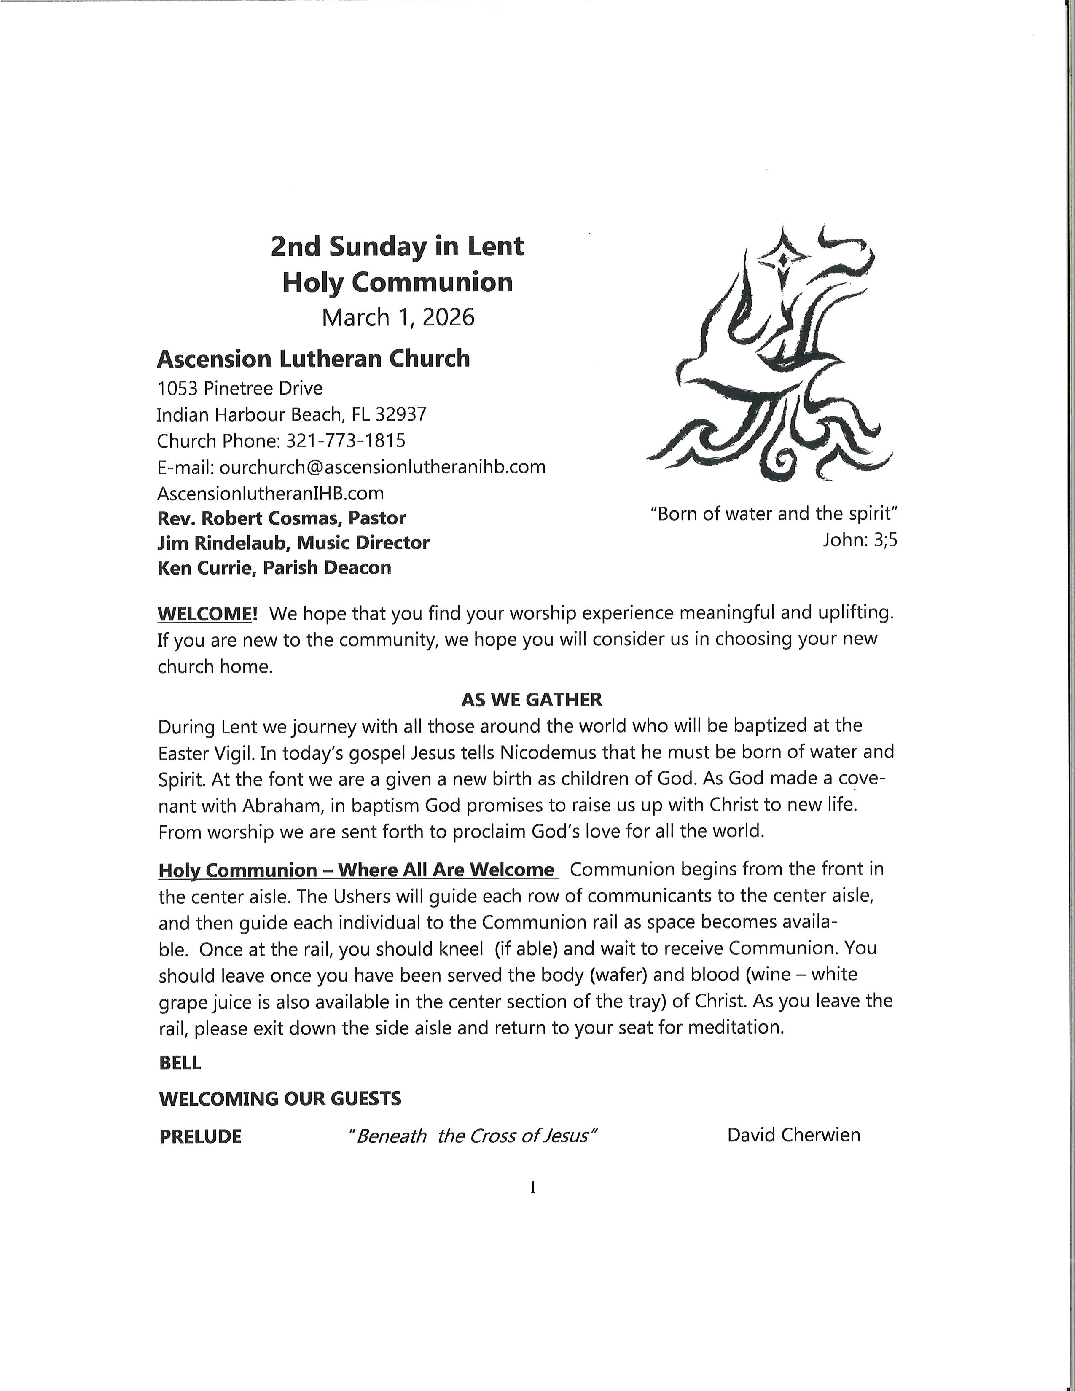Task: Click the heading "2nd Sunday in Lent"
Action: [397, 247]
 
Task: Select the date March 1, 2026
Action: [398, 317]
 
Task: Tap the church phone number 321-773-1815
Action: [346, 441]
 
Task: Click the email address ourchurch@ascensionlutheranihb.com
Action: [382, 467]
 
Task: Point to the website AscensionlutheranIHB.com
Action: [270, 493]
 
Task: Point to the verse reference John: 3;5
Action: [860, 540]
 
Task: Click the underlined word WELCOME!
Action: [207, 614]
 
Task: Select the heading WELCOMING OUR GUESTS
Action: [280, 1098]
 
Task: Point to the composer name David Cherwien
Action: [793, 1135]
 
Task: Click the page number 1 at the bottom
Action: [532, 1187]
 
